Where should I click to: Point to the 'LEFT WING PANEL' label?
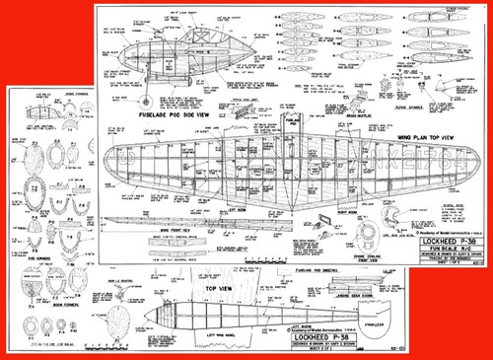[177, 333]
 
